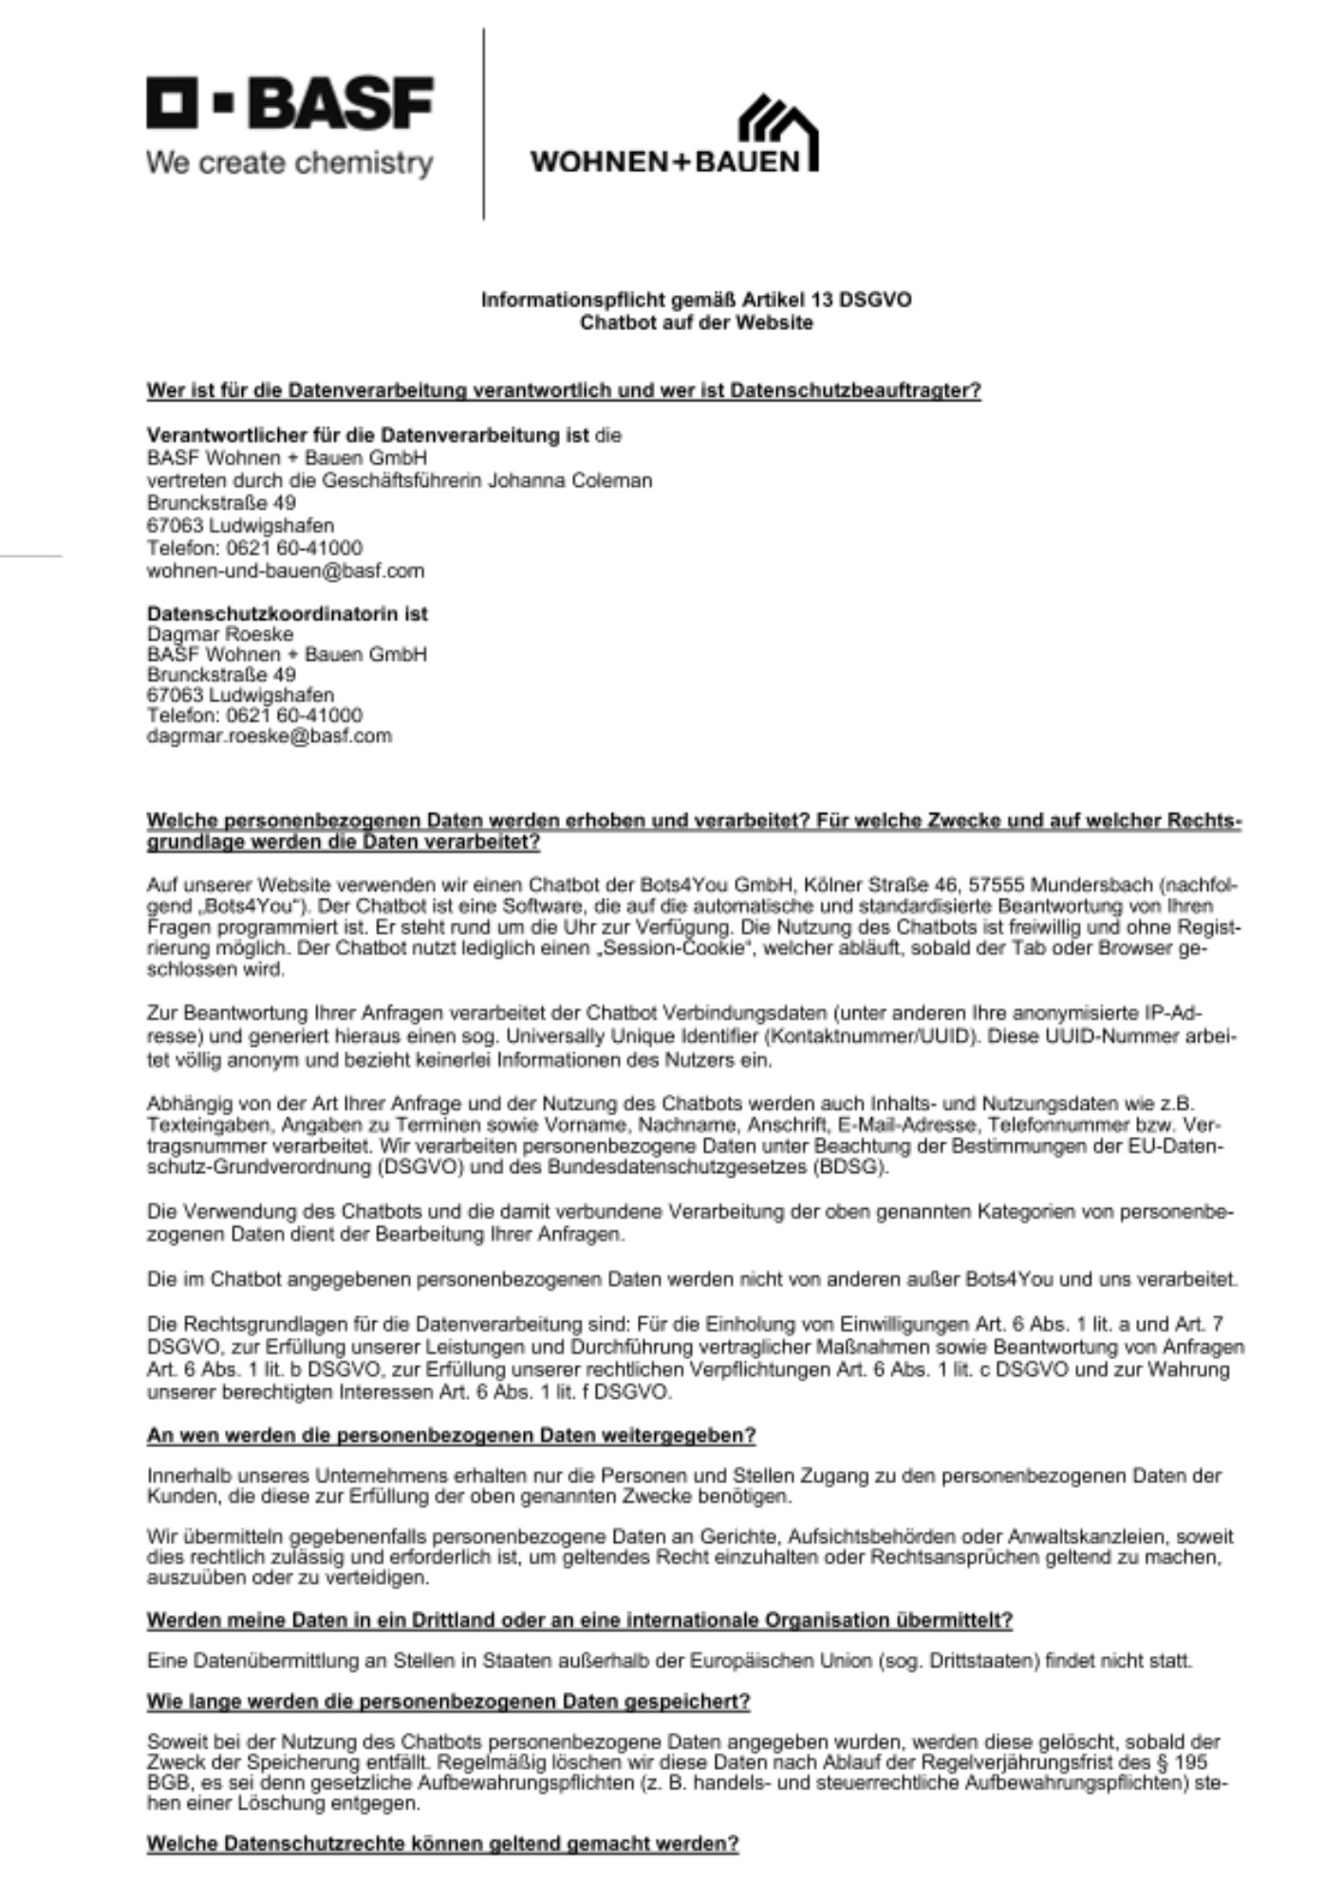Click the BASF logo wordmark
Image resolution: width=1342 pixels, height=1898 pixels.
pyautogui.click(x=290, y=103)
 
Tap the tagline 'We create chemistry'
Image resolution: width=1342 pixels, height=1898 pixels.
pyautogui.click(x=289, y=163)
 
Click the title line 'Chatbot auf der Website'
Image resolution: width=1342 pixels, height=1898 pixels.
pyautogui.click(x=697, y=323)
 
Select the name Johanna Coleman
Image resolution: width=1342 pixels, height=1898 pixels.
pyautogui.click(x=569, y=480)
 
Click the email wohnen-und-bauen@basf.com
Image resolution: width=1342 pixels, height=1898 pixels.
pyautogui.click(x=286, y=571)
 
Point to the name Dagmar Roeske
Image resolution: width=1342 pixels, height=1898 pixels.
pyautogui.click(x=220, y=634)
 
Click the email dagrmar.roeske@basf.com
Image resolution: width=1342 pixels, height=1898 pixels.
pyautogui.click(x=269, y=736)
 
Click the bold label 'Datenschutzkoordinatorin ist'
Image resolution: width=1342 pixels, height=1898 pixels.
pyautogui.click(x=288, y=614)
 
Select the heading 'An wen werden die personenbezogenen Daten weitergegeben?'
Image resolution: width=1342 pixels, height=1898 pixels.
pyautogui.click(x=451, y=1436)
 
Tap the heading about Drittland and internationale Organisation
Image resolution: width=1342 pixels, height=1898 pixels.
pyautogui.click(x=579, y=1620)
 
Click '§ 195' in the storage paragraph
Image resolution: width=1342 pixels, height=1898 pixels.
pyautogui.click(x=1182, y=1762)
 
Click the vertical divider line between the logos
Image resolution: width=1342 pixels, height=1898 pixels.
pyautogui.click(x=484, y=123)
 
